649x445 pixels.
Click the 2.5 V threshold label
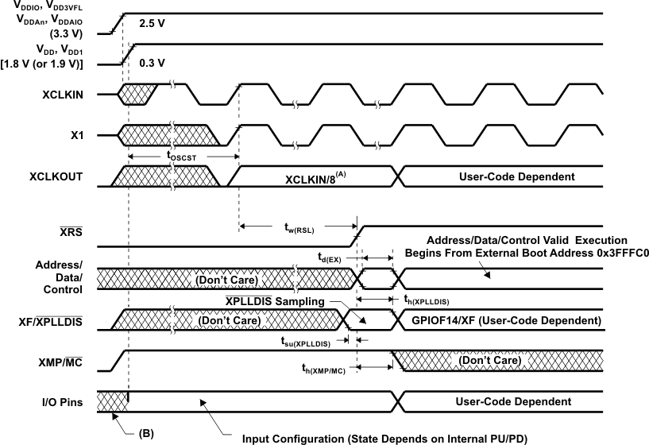tap(151, 24)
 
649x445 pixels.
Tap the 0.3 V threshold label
tap(151, 62)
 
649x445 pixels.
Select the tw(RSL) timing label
tap(299, 226)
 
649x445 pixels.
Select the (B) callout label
tap(145, 434)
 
